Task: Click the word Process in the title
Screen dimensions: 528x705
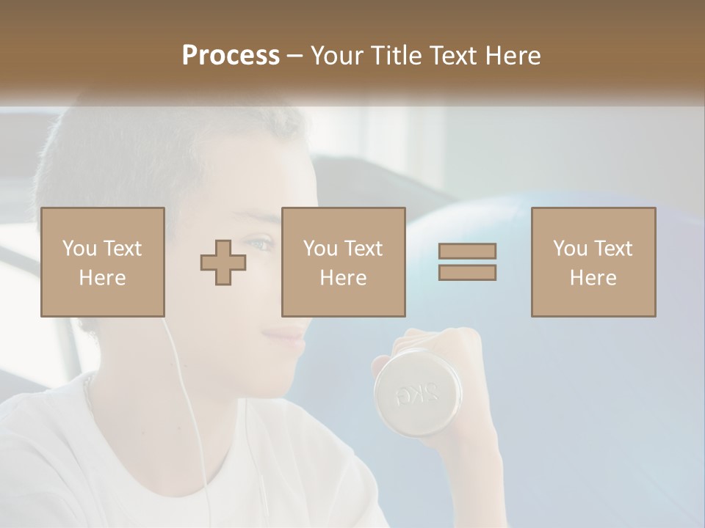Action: [x=231, y=56]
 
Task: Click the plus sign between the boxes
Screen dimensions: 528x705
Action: [x=223, y=262]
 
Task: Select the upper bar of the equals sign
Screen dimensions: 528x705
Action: [x=467, y=251]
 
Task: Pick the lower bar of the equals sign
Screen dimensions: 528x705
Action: [x=467, y=273]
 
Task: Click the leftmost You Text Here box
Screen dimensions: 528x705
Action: [x=103, y=262]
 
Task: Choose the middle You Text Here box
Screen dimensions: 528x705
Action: [x=344, y=262]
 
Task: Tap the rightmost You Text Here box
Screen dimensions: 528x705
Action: [x=593, y=262]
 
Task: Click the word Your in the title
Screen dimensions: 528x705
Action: [x=336, y=56]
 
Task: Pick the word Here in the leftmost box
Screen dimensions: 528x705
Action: [x=103, y=278]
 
